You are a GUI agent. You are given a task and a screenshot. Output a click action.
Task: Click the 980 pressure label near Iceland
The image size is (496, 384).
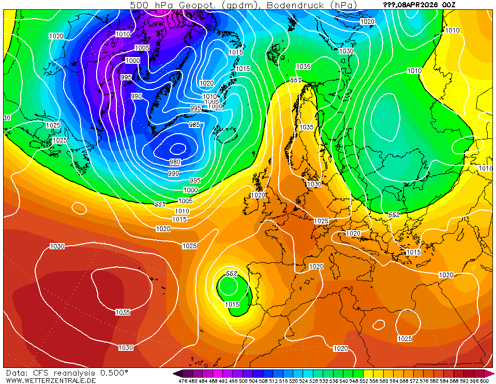coord(175,162)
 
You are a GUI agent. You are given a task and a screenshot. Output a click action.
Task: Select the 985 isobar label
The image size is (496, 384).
coord(194,125)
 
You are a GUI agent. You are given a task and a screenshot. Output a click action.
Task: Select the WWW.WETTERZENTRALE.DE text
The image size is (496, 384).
coord(51,380)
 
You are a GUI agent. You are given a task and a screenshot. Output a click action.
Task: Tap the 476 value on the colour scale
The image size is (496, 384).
coord(183,381)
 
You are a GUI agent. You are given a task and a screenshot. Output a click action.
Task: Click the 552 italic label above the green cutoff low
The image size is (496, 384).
coord(232,273)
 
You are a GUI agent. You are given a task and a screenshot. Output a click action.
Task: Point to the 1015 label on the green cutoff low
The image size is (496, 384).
coord(232,305)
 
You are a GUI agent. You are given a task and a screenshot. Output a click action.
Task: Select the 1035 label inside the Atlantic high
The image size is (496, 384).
coord(123,312)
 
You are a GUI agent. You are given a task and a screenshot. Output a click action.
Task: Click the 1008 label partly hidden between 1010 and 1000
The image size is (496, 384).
coord(212,102)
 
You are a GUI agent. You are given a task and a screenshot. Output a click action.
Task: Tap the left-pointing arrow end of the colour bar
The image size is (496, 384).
coord(177,373)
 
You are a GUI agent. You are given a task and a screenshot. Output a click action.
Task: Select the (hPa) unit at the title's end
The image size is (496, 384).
coord(342,5)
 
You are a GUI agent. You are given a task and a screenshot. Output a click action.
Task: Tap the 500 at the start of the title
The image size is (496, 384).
coord(138,5)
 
